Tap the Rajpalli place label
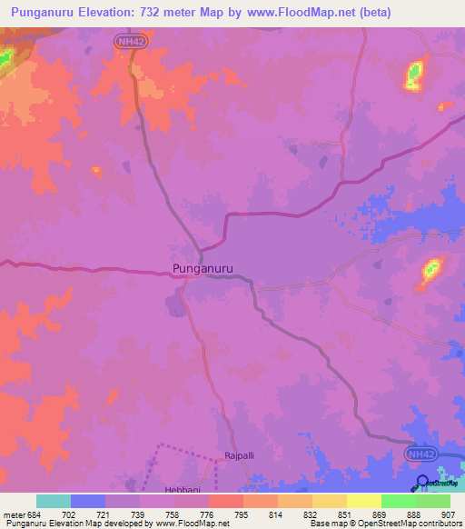coord(241,457)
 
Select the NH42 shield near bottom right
coord(420,452)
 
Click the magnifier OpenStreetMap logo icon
coord(423,484)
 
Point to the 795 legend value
coord(241,515)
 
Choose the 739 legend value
coord(139,515)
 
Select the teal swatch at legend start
coord(54,501)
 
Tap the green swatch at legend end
coord(433,501)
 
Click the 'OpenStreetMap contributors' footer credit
coord(409,524)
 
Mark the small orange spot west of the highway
coord(95,170)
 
